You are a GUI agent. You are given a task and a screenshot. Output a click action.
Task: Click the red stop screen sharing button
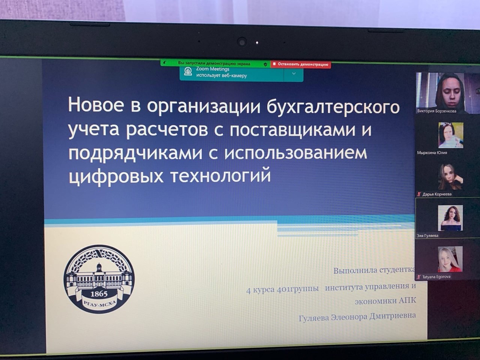(301, 64)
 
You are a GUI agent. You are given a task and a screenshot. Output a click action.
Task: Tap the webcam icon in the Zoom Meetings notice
(188, 71)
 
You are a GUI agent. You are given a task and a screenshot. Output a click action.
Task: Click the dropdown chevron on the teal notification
(294, 73)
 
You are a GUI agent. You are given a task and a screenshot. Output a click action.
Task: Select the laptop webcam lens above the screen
(242, 42)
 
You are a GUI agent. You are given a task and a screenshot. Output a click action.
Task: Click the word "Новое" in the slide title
(96, 105)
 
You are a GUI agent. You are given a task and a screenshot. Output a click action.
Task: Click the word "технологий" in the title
(220, 176)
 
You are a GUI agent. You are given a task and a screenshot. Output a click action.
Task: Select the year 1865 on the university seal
(99, 294)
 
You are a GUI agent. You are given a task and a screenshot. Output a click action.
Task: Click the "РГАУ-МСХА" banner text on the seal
(100, 304)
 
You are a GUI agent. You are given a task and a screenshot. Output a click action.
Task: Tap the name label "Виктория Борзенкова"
(437, 111)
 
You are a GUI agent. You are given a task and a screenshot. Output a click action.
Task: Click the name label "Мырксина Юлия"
(432, 153)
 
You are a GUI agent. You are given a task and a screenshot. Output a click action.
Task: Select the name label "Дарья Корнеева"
(437, 194)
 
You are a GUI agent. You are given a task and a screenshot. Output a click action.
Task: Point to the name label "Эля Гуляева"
(427, 235)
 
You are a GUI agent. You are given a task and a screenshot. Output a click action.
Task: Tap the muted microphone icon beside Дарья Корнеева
(419, 194)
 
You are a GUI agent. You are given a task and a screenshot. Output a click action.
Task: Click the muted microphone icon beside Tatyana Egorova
(419, 277)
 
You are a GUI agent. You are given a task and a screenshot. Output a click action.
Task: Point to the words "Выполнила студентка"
(374, 270)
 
